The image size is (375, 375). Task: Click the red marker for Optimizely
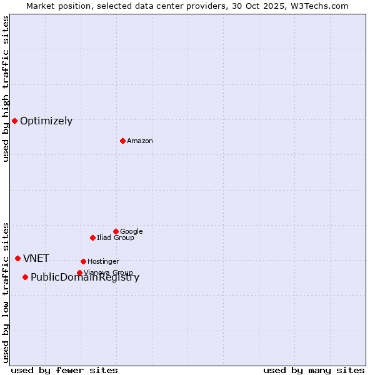click(x=14, y=121)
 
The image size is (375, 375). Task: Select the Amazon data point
click(x=122, y=141)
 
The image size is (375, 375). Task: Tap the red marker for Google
click(x=116, y=231)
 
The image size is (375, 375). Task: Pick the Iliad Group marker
click(x=92, y=237)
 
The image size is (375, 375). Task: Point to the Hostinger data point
click(x=83, y=261)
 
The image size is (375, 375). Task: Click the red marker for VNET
click(x=17, y=258)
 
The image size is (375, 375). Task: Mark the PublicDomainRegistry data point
click(x=25, y=277)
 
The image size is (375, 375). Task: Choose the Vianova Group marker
click(x=79, y=272)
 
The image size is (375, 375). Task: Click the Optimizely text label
click(x=46, y=121)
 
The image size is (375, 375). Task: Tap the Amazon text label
click(x=140, y=141)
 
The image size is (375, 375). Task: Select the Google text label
click(x=131, y=231)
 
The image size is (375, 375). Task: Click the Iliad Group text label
click(x=116, y=237)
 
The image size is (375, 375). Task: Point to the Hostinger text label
click(x=103, y=261)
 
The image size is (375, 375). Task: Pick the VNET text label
click(x=36, y=259)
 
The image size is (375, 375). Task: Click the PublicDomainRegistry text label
click(x=85, y=278)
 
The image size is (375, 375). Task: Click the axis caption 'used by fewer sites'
click(x=64, y=370)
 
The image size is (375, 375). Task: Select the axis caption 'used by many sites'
click(x=314, y=370)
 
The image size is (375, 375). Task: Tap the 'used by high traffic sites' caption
click(x=6, y=89)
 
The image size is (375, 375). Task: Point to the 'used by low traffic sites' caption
click(x=6, y=292)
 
